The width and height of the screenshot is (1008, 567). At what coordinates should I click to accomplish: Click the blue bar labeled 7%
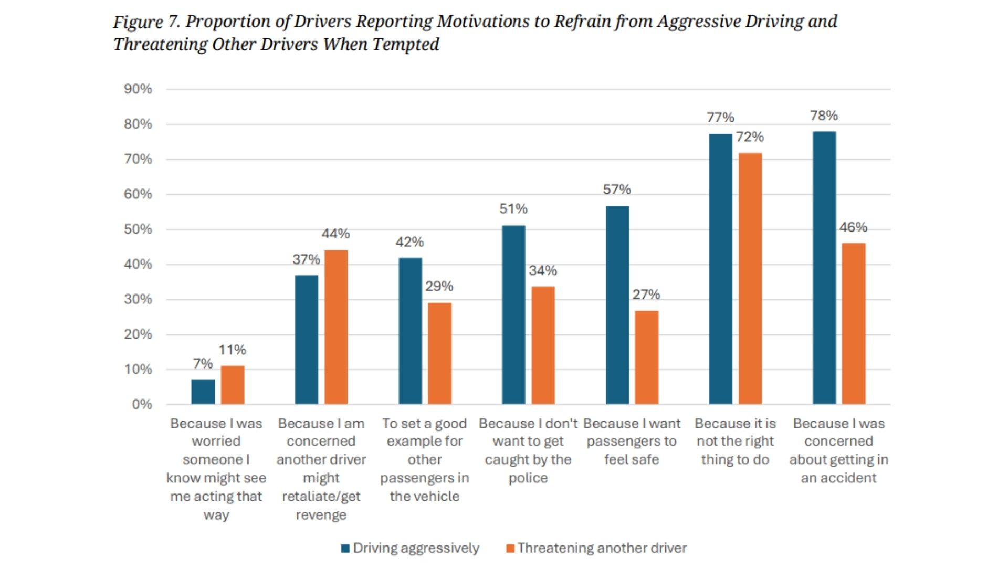203,392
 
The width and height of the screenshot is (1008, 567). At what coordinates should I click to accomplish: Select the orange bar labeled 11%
232,385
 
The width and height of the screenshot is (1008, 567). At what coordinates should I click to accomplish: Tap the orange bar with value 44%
336,327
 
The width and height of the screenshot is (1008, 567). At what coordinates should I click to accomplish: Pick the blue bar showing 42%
410,331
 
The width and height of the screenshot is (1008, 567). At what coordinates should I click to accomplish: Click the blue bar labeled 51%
513,315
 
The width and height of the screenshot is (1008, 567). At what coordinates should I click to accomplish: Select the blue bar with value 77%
720,269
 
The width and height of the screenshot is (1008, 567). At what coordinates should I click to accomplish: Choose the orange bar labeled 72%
750,278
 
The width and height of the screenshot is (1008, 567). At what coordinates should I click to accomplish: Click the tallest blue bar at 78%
824,268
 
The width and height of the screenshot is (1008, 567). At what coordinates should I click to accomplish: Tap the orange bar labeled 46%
854,323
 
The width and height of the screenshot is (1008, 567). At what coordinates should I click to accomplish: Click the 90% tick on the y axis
138,89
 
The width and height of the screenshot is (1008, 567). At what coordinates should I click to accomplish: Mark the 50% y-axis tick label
138,229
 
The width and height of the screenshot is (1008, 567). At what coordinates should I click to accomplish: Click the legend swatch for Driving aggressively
345,549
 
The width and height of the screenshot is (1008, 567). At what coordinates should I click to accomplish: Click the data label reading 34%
543,271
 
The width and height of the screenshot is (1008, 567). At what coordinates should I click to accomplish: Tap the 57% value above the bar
617,190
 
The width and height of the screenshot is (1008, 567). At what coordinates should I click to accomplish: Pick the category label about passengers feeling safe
632,442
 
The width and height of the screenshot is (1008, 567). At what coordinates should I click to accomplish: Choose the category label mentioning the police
528,450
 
